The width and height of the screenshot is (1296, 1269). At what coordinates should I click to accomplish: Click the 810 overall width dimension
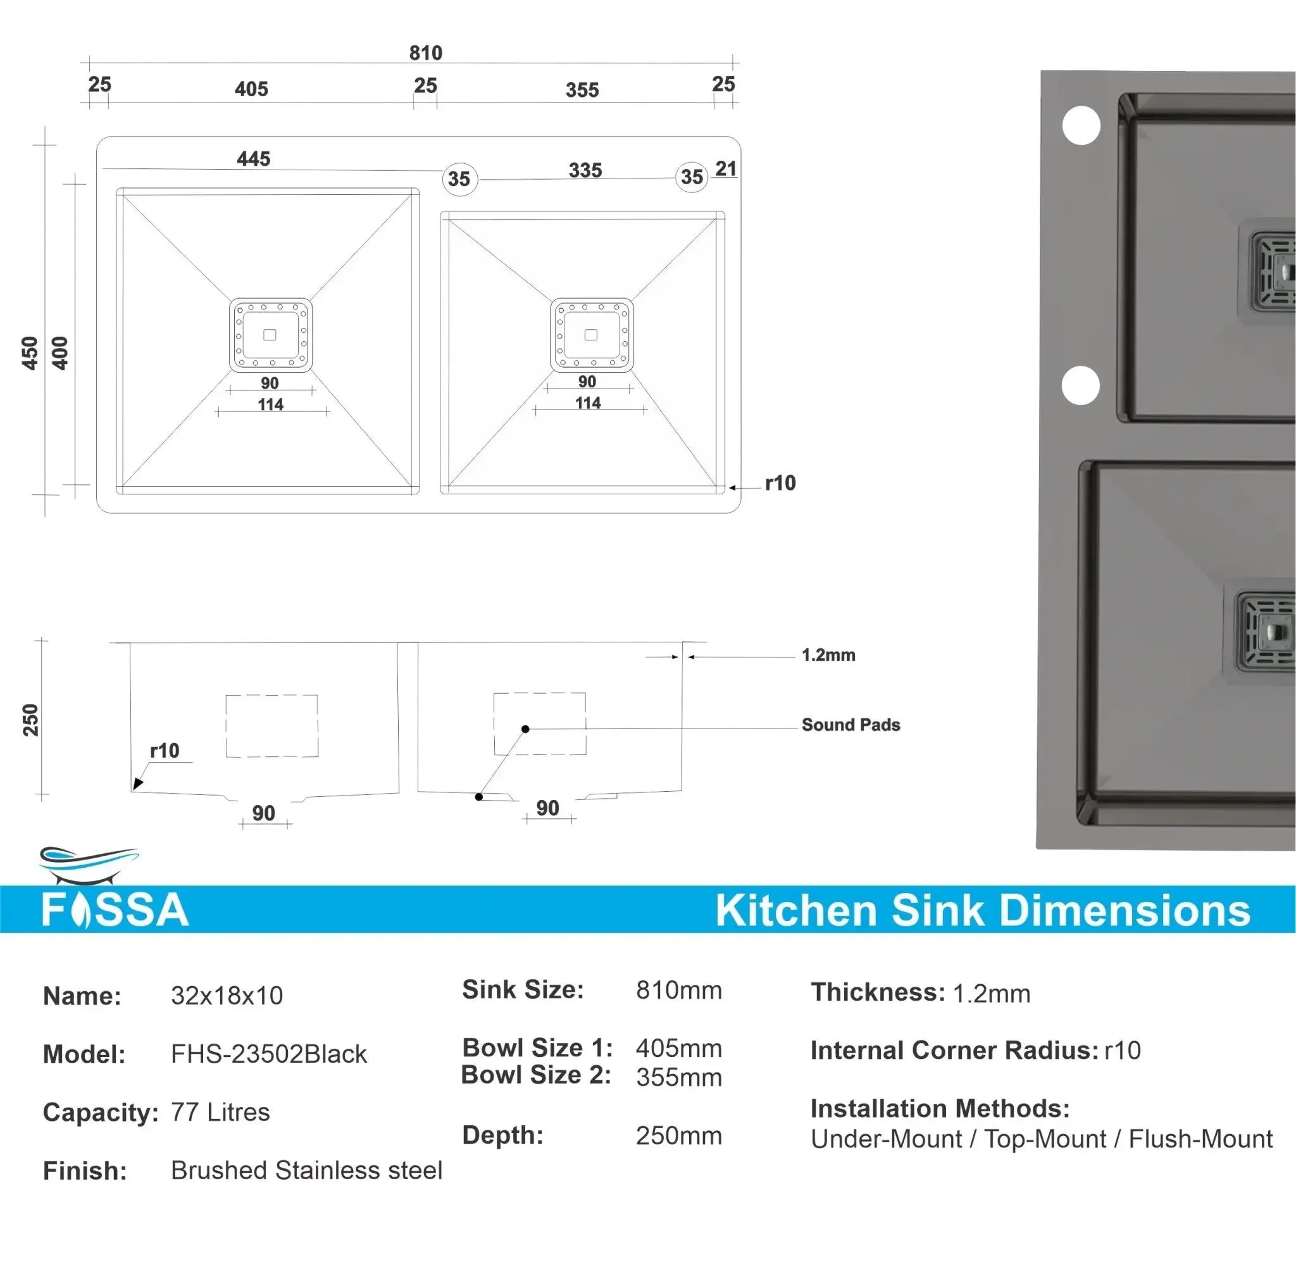425,53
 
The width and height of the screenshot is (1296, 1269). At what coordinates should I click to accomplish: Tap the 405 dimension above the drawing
251,89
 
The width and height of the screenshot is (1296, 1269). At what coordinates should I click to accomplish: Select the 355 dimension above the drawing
582,90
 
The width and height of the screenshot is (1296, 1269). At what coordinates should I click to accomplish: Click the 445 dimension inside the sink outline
253,159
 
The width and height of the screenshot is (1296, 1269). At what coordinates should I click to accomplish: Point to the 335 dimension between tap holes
585,171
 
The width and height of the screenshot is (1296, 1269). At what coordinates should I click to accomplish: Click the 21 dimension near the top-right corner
726,169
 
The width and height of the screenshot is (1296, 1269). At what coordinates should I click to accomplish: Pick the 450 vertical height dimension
30,353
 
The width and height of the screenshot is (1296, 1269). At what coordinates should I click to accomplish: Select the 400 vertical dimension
60,353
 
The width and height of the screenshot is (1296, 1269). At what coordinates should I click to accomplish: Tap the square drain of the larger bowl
270,335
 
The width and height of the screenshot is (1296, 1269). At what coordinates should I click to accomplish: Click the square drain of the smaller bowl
591,335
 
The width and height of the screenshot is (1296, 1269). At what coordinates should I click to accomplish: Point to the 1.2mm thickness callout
828,655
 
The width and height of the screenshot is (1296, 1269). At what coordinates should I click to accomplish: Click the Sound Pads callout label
850,725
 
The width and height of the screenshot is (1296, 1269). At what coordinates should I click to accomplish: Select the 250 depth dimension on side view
30,720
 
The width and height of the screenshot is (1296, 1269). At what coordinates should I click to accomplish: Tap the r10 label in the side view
164,751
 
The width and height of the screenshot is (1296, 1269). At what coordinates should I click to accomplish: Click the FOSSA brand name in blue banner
115,910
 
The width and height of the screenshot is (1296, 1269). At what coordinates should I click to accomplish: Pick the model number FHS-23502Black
268,1054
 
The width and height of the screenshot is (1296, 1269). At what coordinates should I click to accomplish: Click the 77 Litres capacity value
220,1111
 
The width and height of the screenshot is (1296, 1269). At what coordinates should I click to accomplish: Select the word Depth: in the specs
502,1135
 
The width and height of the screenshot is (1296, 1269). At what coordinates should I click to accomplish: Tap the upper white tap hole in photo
1081,125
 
